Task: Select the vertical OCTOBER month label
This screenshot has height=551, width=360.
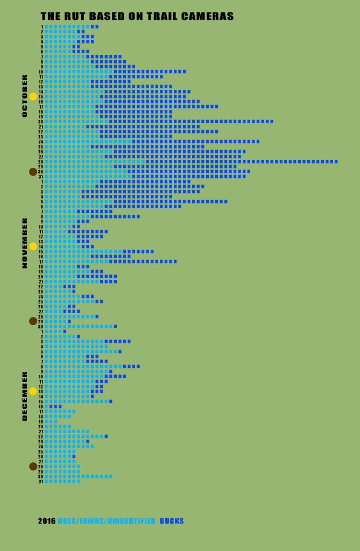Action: (24, 96)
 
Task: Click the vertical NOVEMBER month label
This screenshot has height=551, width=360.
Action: (24, 243)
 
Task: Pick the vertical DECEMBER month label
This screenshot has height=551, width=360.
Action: (24, 395)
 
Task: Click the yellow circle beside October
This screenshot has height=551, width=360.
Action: (33, 96)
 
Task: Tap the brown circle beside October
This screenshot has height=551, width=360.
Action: (33, 172)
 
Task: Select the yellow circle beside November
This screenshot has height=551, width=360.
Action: (33, 246)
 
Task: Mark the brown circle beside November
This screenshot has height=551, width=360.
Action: (33, 321)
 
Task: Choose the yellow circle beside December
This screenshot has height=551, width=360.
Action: (33, 391)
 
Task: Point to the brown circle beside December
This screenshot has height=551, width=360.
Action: (33, 466)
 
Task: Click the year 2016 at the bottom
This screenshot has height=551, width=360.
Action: (46, 521)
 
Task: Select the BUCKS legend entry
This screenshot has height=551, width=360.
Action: (172, 521)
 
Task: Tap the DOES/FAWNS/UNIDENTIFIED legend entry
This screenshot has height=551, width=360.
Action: (107, 521)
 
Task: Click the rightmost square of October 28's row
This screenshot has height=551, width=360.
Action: (336, 161)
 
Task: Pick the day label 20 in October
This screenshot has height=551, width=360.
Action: (40, 122)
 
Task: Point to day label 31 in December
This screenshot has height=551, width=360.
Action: (40, 482)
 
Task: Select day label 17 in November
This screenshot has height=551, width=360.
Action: (40, 262)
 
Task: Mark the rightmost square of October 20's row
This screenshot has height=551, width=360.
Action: (271, 122)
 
